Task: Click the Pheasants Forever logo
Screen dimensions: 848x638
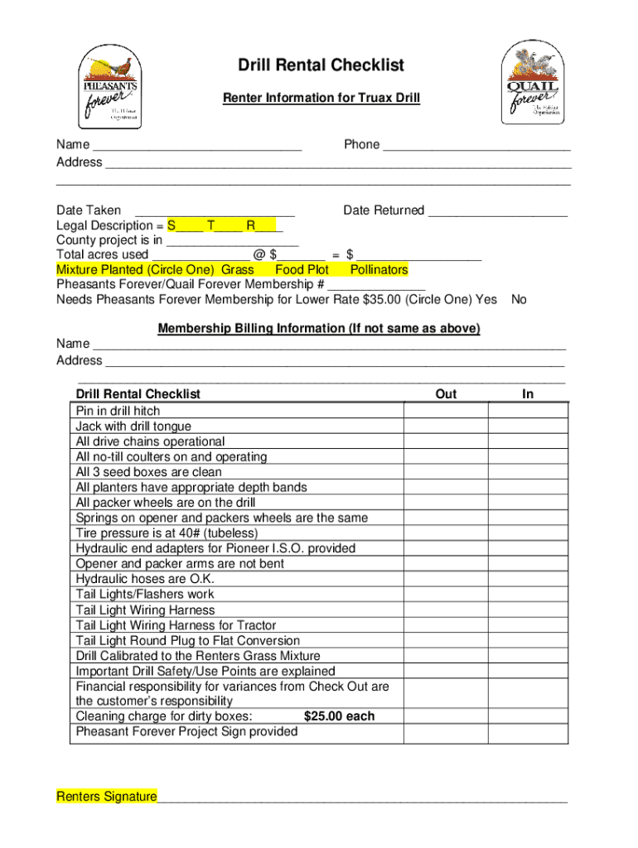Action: tap(109, 86)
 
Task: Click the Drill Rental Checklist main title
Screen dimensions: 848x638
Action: tap(321, 65)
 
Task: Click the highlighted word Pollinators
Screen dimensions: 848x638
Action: tap(379, 270)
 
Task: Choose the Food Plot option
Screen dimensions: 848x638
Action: tap(302, 270)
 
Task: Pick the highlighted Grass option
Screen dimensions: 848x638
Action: tap(238, 270)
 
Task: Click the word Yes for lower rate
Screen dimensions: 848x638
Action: tap(486, 300)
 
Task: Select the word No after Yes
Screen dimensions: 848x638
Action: tap(519, 300)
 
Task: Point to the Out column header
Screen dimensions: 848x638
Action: tap(446, 394)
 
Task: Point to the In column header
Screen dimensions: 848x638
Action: tap(528, 394)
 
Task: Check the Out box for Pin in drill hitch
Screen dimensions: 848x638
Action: tap(446, 412)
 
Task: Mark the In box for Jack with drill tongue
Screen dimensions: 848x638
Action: tap(528, 426)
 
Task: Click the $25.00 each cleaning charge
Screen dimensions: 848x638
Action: tap(339, 716)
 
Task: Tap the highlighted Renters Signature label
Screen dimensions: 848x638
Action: tap(106, 797)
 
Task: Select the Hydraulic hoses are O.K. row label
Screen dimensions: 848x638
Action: tap(145, 579)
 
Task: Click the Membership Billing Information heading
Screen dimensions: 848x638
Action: tap(319, 329)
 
